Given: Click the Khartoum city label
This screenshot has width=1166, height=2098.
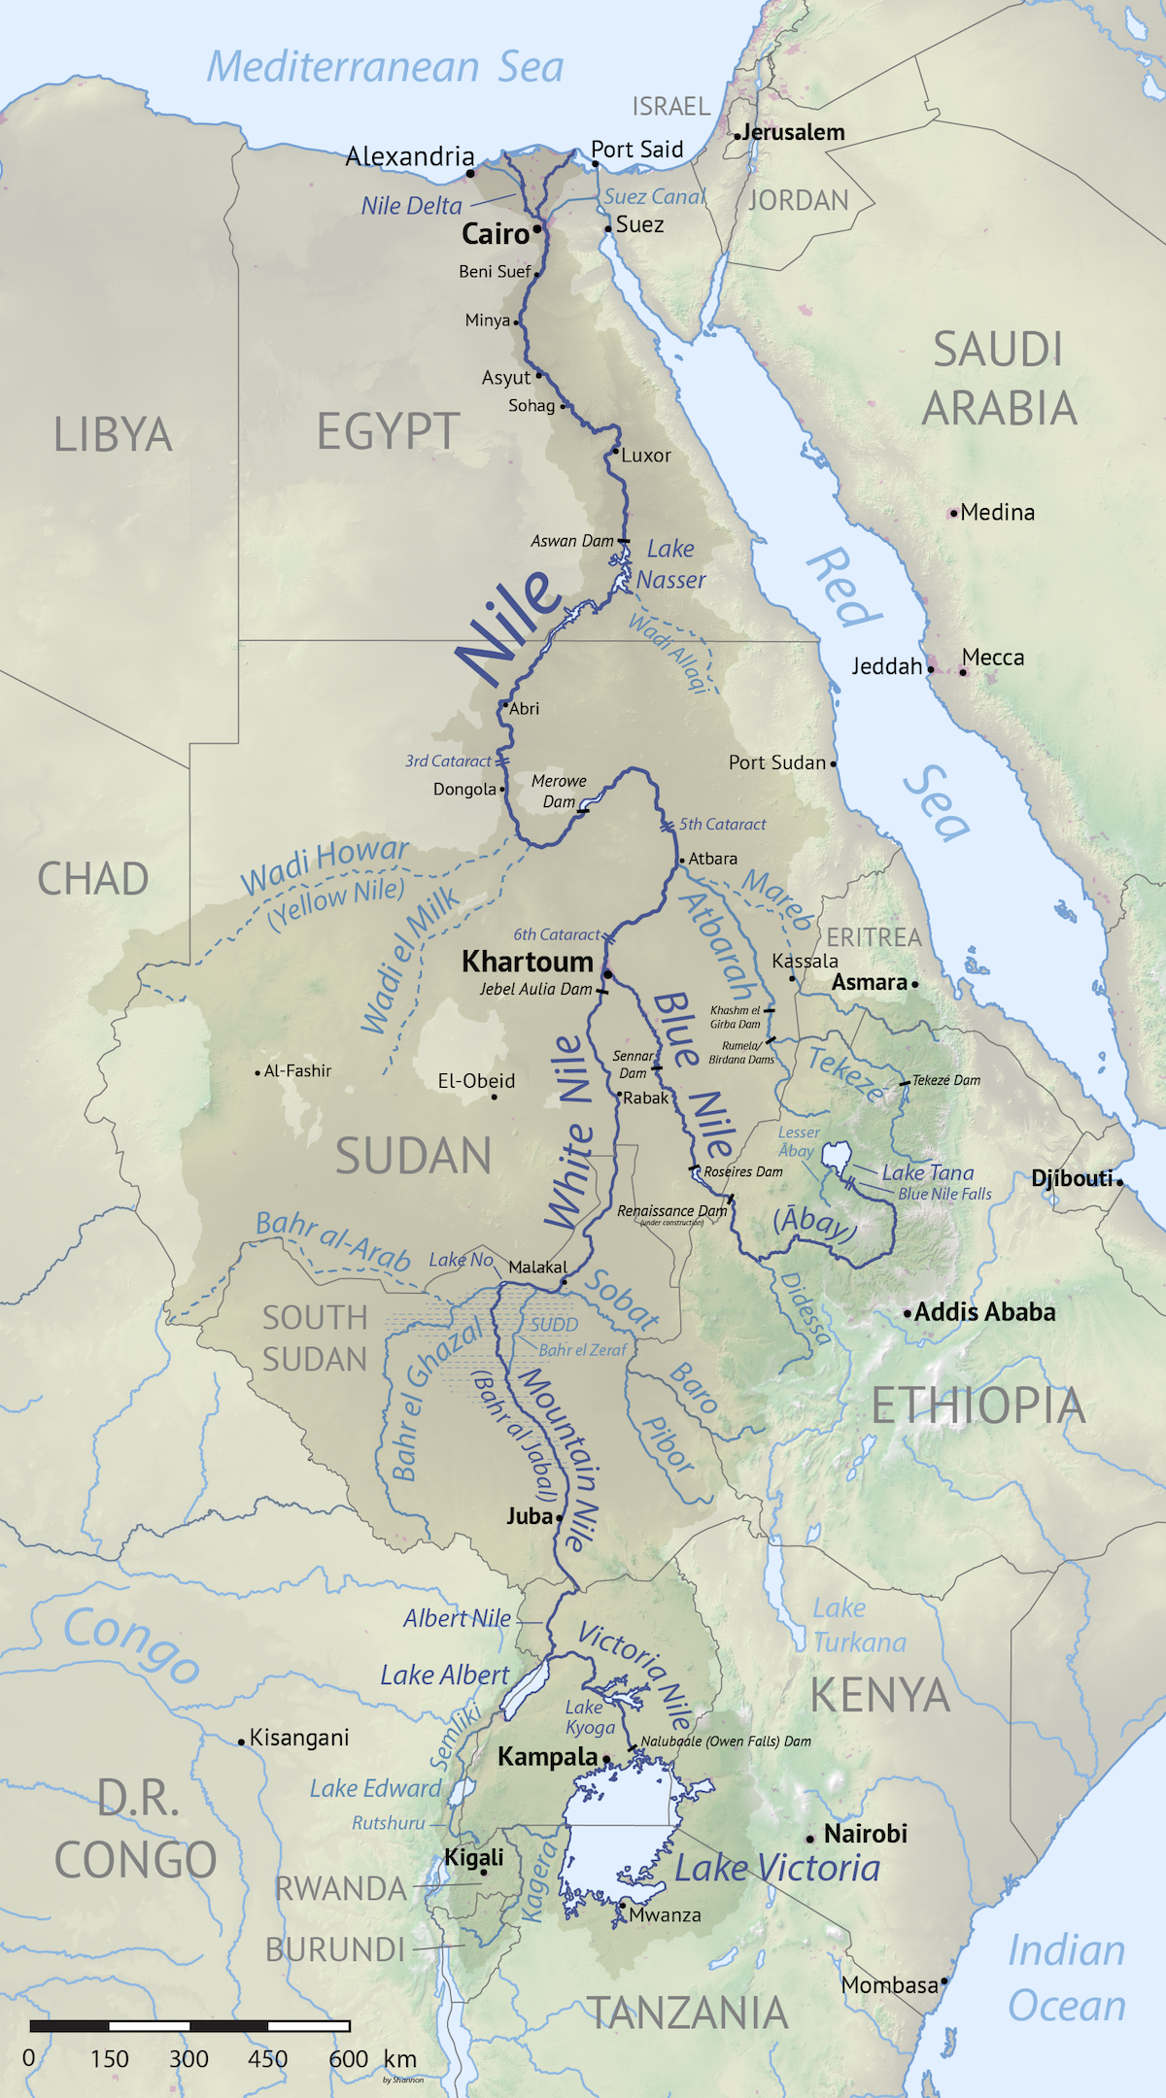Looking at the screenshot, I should click(x=527, y=962).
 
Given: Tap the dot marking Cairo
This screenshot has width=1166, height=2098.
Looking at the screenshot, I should click(x=536, y=229).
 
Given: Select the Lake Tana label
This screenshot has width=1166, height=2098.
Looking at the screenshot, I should click(x=927, y=1172).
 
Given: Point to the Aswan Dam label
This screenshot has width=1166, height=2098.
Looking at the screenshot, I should click(x=571, y=541).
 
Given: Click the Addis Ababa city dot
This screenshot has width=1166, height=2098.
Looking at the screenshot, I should click(x=908, y=1313).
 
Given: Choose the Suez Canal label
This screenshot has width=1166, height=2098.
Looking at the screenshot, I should click(x=654, y=197).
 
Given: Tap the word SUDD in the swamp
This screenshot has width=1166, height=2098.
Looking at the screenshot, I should click(x=554, y=1325).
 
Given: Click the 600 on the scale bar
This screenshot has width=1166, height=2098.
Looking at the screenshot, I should click(x=348, y=2058).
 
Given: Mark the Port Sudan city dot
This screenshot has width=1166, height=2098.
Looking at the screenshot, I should click(x=834, y=763).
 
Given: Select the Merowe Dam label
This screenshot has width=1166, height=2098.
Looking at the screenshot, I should click(x=559, y=791).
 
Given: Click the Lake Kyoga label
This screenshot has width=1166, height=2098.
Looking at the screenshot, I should click(x=590, y=1717).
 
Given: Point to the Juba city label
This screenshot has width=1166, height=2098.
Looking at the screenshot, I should click(x=529, y=1516).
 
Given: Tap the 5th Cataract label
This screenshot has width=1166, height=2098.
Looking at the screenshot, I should click(x=722, y=825).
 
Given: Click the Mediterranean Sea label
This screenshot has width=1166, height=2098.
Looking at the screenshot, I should click(x=385, y=67).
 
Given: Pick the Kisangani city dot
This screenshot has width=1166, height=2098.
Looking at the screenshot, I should click(x=242, y=1742).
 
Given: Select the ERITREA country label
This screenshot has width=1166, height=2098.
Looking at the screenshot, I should click(x=874, y=937).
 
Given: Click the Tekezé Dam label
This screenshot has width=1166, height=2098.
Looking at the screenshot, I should click(x=945, y=1080).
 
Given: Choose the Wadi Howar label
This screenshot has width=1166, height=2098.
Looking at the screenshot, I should click(x=325, y=864).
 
